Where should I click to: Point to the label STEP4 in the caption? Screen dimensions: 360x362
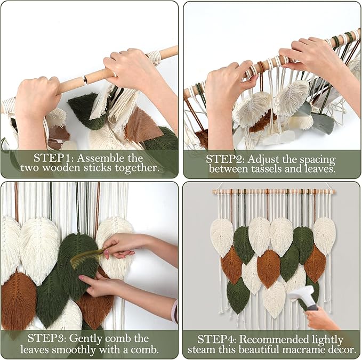pos(219,339)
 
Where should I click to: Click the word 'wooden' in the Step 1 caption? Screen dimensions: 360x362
pos(67,168)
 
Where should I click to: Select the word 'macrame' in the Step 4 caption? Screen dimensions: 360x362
pos(299,350)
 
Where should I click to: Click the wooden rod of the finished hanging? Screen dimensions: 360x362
pos(272,191)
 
